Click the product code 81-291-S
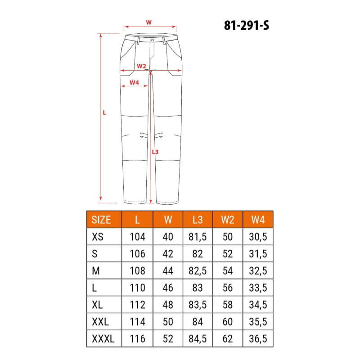point(246,25)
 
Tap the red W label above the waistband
point(149,22)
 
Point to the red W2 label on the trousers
point(141,66)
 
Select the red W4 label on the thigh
point(134,82)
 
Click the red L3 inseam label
point(155,152)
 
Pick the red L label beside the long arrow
point(104,112)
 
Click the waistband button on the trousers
point(153,40)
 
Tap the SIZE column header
point(101,220)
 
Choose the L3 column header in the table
point(198,220)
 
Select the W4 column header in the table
point(258,220)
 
